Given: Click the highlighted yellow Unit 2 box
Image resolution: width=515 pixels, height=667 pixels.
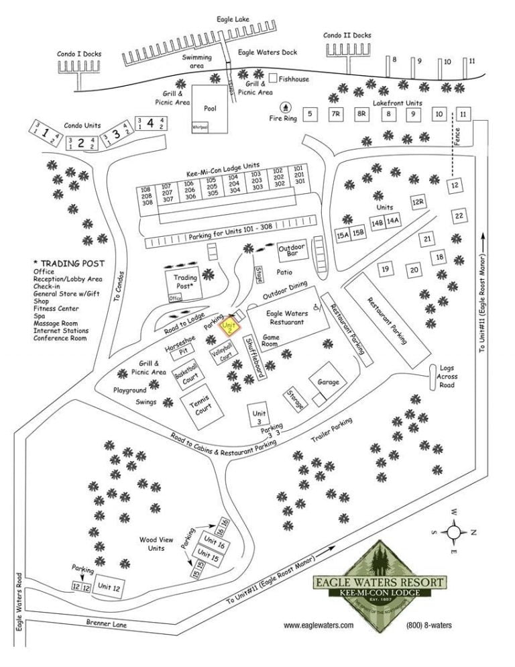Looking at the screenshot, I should [230, 325].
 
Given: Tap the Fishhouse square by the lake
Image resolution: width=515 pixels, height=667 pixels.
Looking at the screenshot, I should [273, 79].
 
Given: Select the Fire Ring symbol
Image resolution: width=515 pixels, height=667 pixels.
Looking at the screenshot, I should [286, 107].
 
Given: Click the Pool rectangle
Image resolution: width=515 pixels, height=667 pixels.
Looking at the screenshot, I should [209, 107].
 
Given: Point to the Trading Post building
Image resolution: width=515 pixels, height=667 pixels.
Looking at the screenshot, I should [184, 282].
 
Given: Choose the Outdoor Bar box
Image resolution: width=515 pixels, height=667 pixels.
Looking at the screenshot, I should [292, 250].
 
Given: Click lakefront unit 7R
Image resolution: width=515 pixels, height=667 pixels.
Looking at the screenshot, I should [335, 115].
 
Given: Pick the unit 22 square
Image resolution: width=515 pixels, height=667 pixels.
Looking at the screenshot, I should [459, 216].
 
